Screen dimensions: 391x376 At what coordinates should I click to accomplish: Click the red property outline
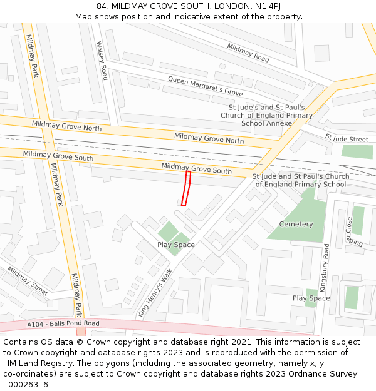(x=186, y=188)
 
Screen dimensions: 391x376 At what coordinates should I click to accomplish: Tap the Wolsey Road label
(x=102, y=61)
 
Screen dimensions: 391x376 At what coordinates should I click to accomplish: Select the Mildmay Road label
(x=248, y=53)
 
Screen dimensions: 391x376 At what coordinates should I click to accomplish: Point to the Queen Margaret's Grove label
(x=205, y=86)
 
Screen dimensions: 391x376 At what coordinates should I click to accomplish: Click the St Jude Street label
(x=347, y=138)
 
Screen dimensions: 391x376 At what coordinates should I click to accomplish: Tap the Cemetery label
(x=296, y=224)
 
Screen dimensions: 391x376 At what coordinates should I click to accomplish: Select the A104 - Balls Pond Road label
(x=63, y=323)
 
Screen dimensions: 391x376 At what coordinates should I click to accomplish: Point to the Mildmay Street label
(x=28, y=281)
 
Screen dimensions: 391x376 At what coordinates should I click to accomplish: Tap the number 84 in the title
(x=102, y=6)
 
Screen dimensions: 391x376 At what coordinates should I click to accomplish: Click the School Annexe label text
(x=266, y=123)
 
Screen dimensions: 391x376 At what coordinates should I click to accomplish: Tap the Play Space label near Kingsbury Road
(x=311, y=298)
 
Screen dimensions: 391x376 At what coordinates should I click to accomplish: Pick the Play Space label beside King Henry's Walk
(x=175, y=245)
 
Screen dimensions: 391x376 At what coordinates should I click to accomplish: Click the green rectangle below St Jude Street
(x=357, y=151)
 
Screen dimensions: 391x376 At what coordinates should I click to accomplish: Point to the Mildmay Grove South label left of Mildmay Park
(x=58, y=155)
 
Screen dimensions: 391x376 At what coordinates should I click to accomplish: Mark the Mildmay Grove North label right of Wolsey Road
(x=209, y=138)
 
